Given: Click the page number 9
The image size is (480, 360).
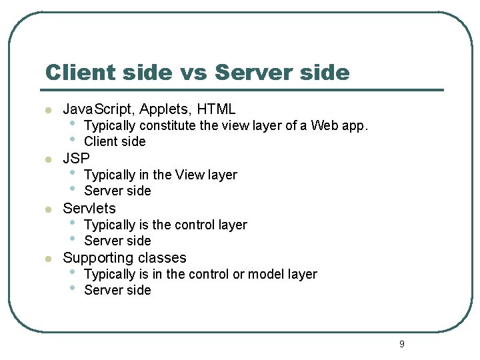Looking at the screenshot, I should (x=401, y=344).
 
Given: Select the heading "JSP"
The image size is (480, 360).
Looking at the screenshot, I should (x=76, y=158).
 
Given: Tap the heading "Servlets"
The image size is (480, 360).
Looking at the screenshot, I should (x=89, y=208).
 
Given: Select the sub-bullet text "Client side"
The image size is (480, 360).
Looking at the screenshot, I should (x=115, y=141).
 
